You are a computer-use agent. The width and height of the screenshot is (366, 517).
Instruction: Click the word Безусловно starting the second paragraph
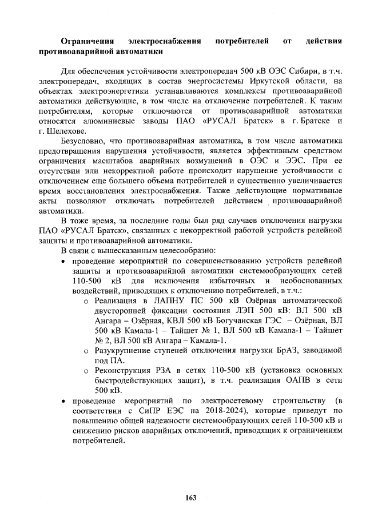(x=86, y=141)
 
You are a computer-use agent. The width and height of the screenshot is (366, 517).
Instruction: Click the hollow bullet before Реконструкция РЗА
(x=86, y=371)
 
